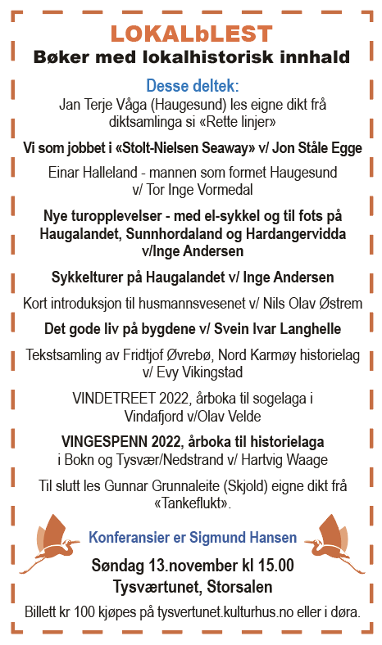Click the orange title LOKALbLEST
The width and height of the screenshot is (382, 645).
tap(191, 34)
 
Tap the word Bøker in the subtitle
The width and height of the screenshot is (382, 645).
tap(63, 57)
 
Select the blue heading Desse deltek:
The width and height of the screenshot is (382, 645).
tap(192, 86)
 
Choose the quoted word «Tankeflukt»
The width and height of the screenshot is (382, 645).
tap(191, 503)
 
